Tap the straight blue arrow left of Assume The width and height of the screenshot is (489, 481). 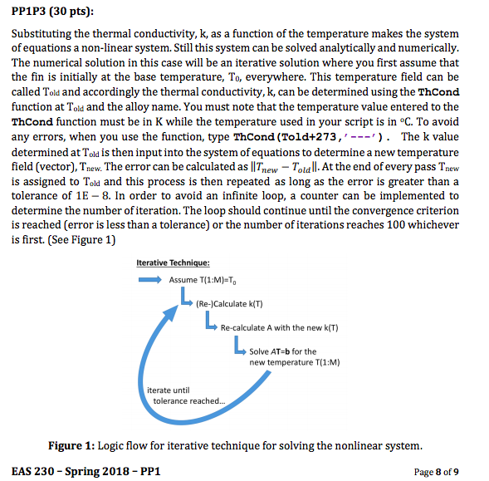point(149,280)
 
